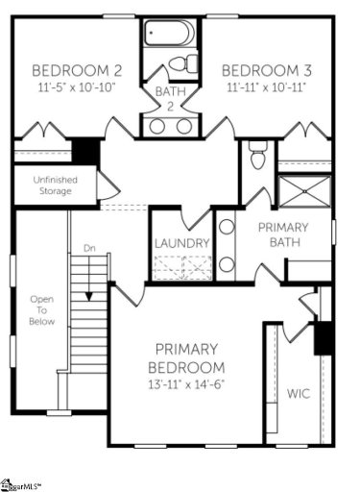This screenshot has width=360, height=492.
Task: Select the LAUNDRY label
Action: pos(181,243)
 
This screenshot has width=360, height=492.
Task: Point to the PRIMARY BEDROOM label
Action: pos(187,357)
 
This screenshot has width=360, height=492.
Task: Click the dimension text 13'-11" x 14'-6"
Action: pos(187,383)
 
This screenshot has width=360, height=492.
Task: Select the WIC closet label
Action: pos(298,393)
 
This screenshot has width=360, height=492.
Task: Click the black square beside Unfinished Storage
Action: pos(86,150)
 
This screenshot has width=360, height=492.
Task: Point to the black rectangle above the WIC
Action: pos(324,335)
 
